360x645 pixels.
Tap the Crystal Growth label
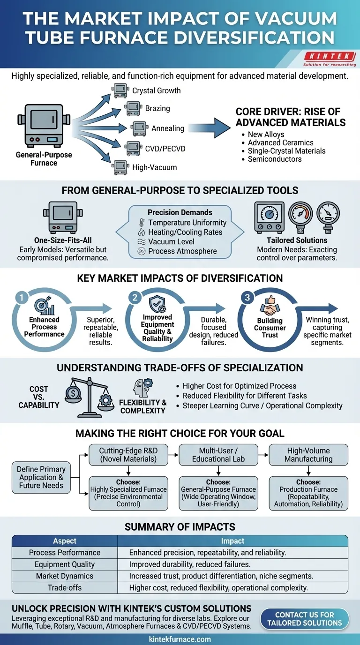tap(156, 90)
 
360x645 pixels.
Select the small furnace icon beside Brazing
tap(133, 109)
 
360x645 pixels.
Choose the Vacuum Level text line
tap(171, 241)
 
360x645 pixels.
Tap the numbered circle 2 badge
tap(135, 297)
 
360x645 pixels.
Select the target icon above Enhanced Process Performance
tap(43, 305)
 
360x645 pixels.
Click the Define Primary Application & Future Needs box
tap(41, 477)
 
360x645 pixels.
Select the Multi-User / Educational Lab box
tap(218, 455)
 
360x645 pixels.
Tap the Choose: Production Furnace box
tap(308, 493)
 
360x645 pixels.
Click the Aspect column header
tap(65, 540)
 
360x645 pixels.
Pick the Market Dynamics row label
tap(65, 576)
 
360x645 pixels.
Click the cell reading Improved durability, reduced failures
tap(190, 564)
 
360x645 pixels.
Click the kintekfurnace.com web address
tap(180, 639)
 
